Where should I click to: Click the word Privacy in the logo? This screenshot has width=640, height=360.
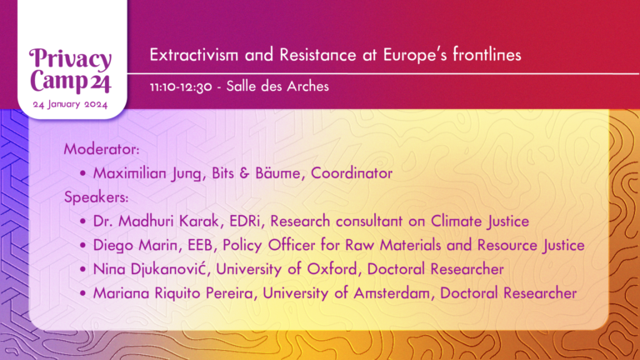(70, 60)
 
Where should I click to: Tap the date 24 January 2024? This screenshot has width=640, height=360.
(70, 104)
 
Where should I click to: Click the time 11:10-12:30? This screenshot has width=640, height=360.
(181, 87)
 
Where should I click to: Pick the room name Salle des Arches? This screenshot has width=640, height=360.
(277, 86)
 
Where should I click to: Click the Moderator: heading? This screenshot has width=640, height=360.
(102, 149)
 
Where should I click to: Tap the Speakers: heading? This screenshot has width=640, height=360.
(97, 197)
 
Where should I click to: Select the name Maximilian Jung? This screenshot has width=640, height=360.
(147, 173)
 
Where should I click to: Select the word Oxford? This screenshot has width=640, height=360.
(332, 269)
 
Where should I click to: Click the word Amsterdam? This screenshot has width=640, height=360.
(392, 293)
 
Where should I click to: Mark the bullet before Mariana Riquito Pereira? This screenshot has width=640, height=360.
(83, 293)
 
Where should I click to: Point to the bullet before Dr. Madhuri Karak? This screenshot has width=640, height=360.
(83, 222)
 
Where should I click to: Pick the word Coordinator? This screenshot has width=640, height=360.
(352, 173)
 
